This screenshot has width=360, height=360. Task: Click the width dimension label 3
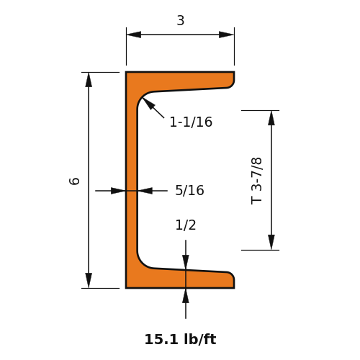(181, 20)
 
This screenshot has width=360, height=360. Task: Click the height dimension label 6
(74, 181)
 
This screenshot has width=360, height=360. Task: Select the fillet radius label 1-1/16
(191, 122)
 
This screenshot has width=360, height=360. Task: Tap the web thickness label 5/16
(189, 190)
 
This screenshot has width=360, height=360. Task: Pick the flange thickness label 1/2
(186, 225)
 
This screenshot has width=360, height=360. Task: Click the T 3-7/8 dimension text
(256, 181)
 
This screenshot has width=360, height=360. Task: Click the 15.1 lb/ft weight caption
(180, 339)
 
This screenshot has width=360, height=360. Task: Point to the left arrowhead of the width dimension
(134, 35)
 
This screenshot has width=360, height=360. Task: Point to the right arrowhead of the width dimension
(227, 35)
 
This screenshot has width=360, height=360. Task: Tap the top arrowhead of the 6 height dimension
(89, 80)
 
